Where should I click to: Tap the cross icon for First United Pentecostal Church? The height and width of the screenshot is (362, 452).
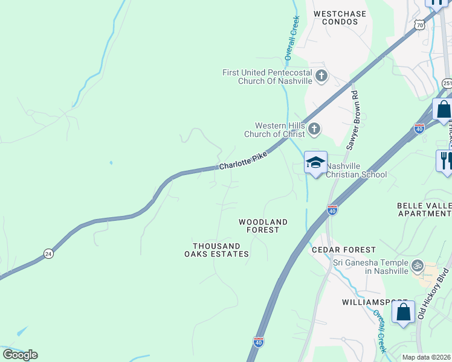[x=321, y=76]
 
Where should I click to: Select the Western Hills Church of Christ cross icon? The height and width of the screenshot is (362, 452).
[x=314, y=129]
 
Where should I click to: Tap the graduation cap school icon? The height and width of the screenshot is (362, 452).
[x=315, y=162]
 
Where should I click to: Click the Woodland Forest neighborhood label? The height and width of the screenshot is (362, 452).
[x=263, y=226]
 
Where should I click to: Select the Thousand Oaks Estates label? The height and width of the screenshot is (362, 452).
[x=221, y=250]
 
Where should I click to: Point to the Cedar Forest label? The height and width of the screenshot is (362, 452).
[x=343, y=250]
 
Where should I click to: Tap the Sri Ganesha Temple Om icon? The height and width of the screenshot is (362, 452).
[x=416, y=265]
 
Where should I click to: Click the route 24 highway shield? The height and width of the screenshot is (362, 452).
[x=48, y=255]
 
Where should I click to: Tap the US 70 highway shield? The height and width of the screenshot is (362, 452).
[x=420, y=25]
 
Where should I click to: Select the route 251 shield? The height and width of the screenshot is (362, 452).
[x=447, y=83]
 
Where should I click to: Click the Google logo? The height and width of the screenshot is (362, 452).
[x=20, y=354]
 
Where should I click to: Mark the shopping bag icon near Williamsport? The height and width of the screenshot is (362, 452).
[x=403, y=313]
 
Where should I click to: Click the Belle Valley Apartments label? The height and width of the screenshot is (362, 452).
[x=424, y=209]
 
